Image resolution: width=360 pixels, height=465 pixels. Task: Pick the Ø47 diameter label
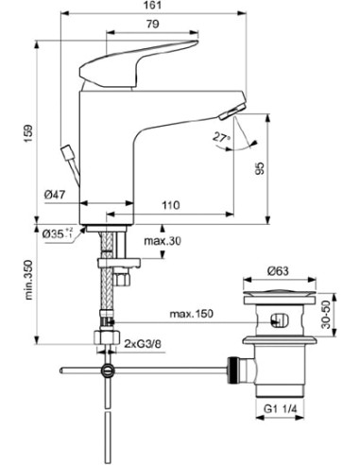[55, 197]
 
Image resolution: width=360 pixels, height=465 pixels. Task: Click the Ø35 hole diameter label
[54, 232]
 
